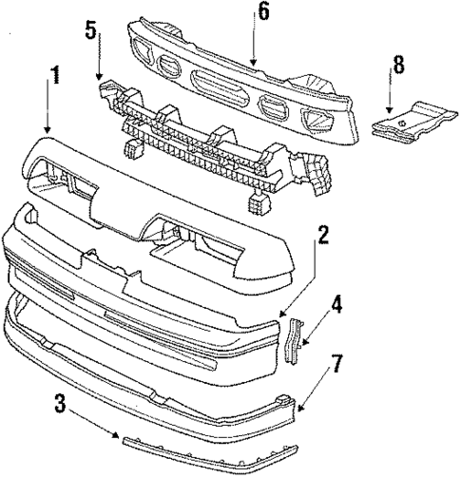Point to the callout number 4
[x=336, y=307]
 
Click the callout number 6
[x=262, y=12]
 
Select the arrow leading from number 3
[x=95, y=425]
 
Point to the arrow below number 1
[x=46, y=115]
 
